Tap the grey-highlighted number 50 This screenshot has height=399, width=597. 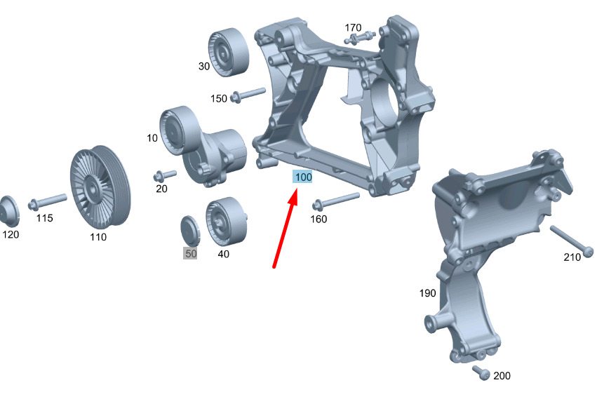point(190,254)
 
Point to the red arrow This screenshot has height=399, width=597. point(286,230)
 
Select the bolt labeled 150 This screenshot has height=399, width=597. point(248,95)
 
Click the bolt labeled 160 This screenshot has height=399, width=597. point(336,201)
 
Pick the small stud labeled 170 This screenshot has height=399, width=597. point(359,38)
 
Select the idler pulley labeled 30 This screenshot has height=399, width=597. point(228,52)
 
